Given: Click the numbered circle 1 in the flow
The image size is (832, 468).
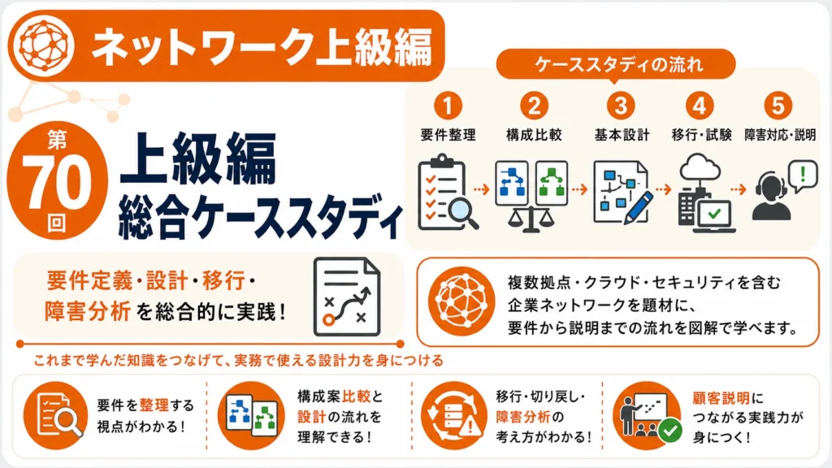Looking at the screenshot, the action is [x=448, y=105].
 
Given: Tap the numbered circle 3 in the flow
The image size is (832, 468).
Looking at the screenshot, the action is [x=621, y=105].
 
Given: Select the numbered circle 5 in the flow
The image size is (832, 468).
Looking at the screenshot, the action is [x=778, y=105].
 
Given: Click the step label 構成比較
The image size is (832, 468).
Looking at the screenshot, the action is [x=534, y=135].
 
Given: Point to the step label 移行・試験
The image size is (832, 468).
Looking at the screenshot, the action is [x=701, y=135].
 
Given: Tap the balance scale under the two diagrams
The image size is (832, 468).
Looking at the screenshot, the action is [x=531, y=219].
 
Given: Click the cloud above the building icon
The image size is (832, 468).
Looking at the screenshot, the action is [x=700, y=167].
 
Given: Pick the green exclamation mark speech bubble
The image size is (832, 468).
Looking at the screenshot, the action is [x=803, y=175].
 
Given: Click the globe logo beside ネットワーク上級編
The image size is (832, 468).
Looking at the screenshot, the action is [x=44, y=45].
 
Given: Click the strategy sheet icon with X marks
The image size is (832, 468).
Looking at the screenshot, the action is [x=347, y=297].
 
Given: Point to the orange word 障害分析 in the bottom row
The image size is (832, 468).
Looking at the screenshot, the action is [x=523, y=417].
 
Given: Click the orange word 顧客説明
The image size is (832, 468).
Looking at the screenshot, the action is [x=721, y=398].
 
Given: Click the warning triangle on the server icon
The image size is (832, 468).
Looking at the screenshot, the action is [x=470, y=426].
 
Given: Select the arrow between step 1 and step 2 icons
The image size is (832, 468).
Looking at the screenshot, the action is [x=481, y=189].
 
